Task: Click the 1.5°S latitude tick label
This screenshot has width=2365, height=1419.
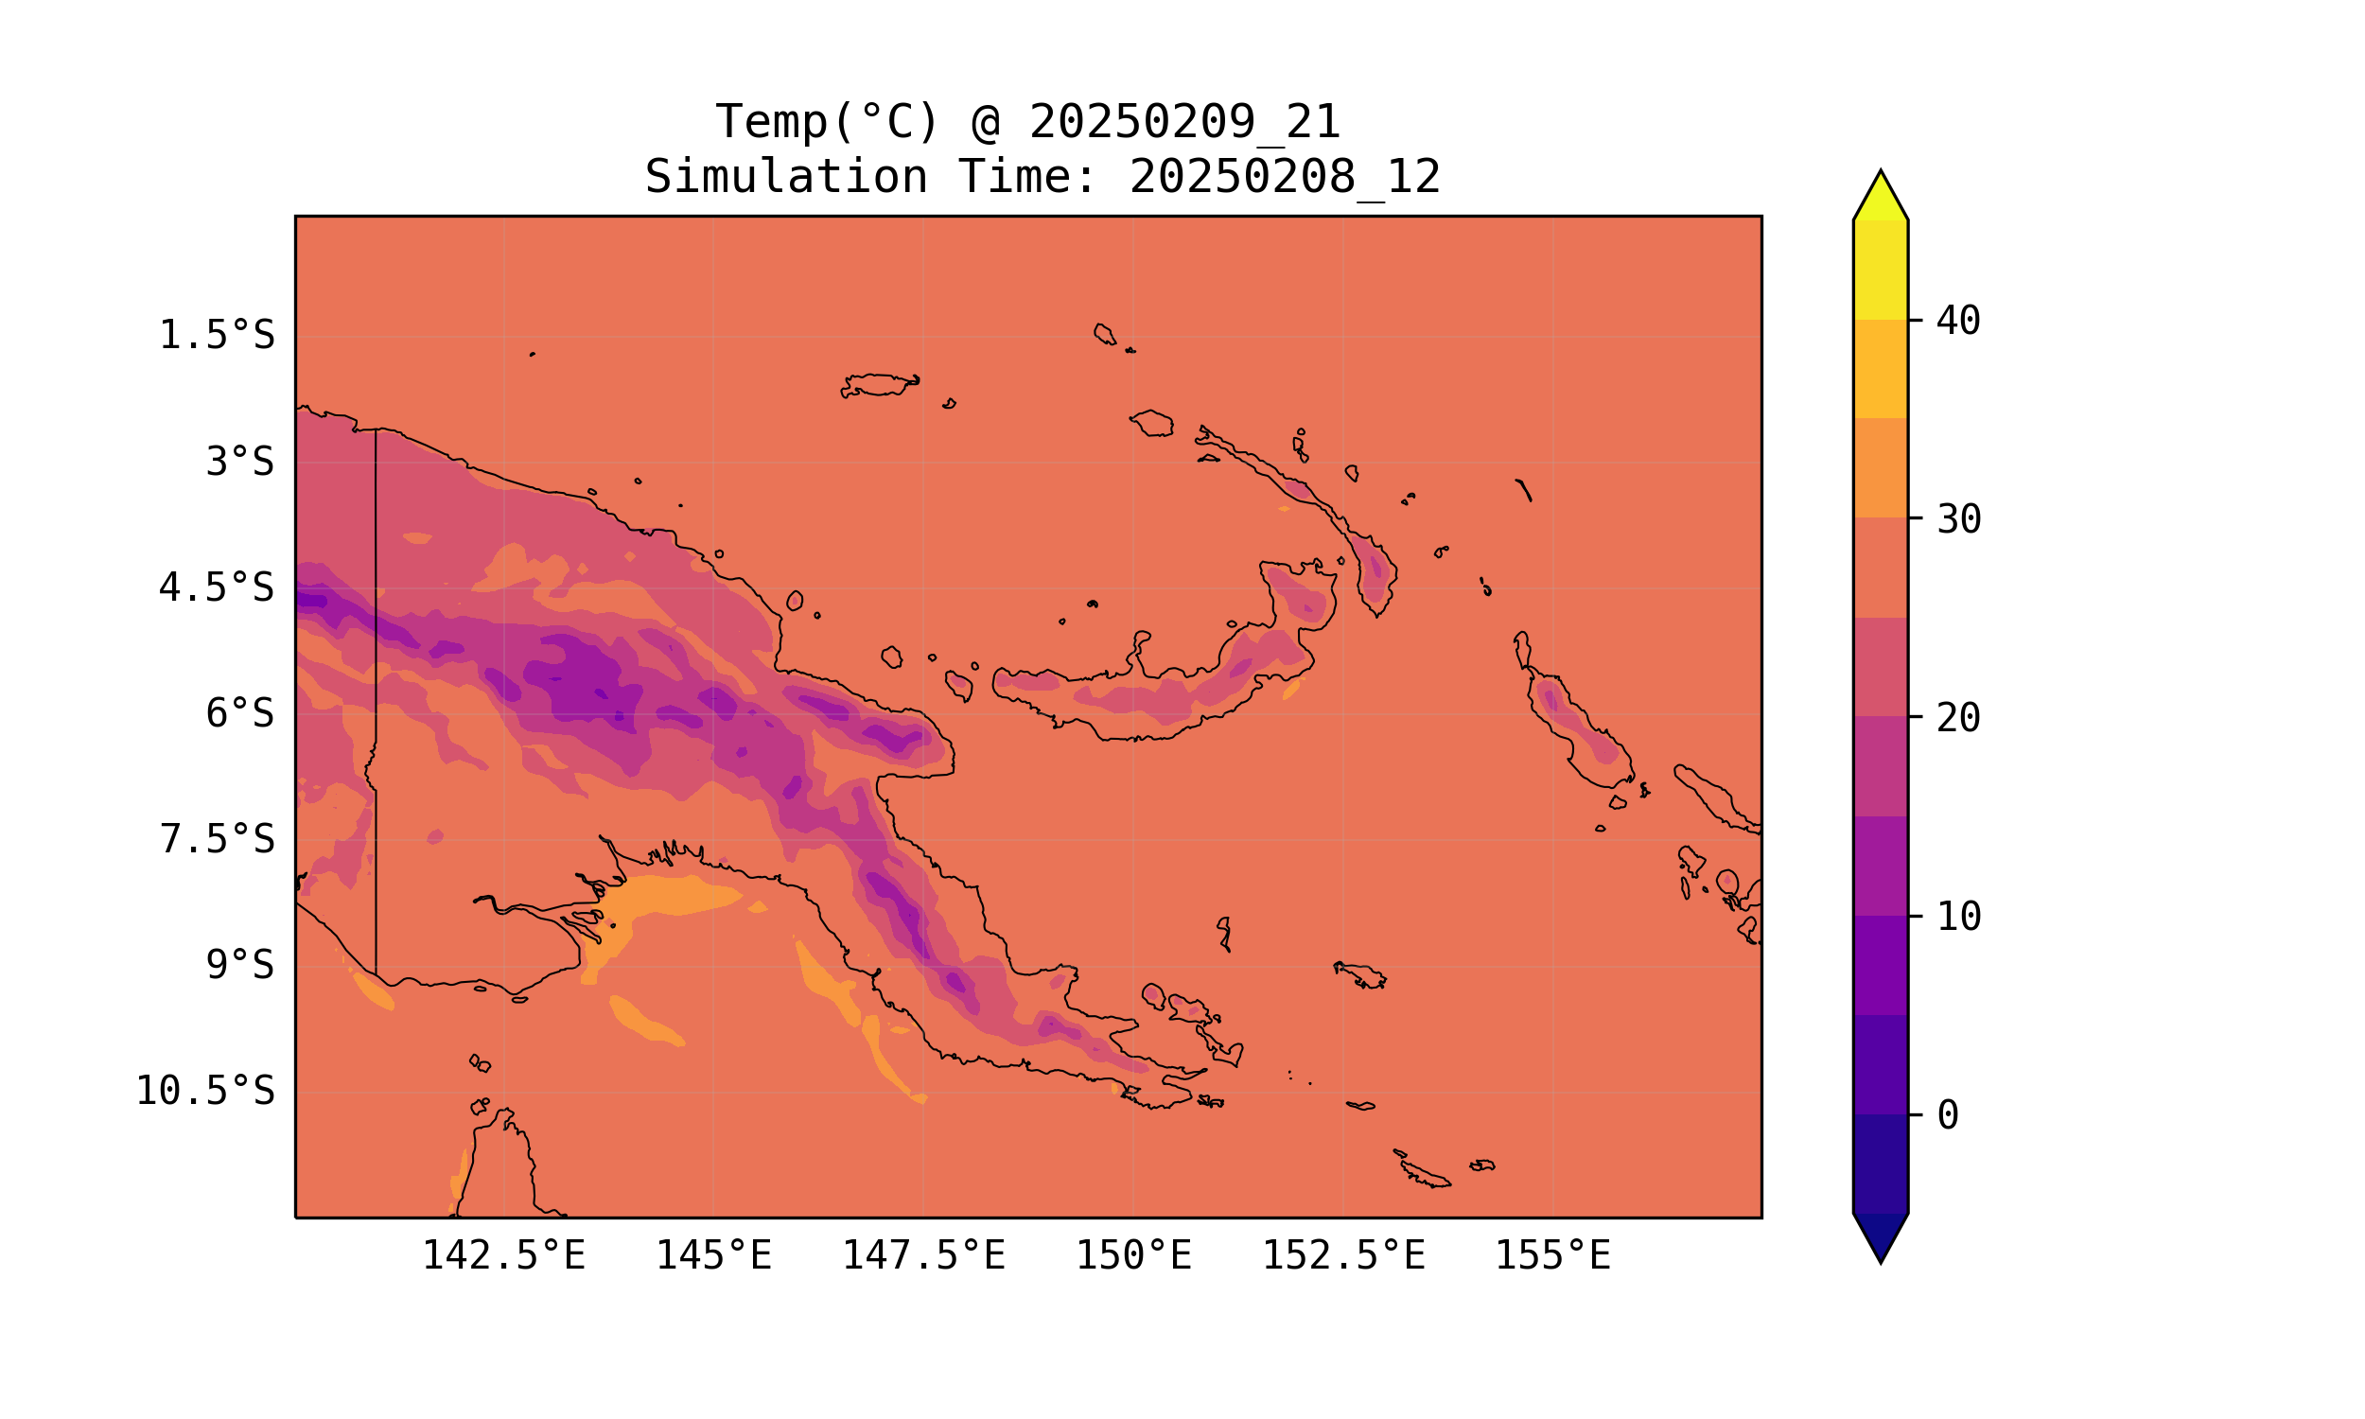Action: [216, 336]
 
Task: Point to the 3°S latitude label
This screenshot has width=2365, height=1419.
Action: [240, 462]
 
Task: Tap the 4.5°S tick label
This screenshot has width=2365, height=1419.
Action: [216, 588]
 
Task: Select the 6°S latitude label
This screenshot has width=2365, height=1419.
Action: [240, 713]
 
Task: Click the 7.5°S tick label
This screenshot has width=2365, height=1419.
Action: [216, 839]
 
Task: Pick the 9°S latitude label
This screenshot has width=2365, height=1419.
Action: [240, 965]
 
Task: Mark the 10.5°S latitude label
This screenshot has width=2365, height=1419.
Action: [204, 1091]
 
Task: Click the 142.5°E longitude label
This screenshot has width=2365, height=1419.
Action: [504, 1255]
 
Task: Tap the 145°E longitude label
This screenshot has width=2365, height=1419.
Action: [713, 1255]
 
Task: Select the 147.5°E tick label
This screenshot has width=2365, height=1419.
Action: [923, 1255]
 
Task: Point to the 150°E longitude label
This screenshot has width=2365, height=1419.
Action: [1133, 1255]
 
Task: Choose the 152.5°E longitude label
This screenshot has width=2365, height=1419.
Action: [1343, 1255]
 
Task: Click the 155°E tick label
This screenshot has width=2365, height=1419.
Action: [1552, 1255]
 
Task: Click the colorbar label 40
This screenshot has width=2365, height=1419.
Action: [1958, 322]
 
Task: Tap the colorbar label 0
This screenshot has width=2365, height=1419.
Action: [1947, 1115]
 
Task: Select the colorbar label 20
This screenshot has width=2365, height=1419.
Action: [1958, 718]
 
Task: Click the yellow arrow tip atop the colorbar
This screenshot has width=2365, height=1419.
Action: [1881, 196]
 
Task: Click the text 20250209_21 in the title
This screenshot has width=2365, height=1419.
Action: [1184, 122]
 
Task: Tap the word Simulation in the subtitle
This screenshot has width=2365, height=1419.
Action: [786, 178]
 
